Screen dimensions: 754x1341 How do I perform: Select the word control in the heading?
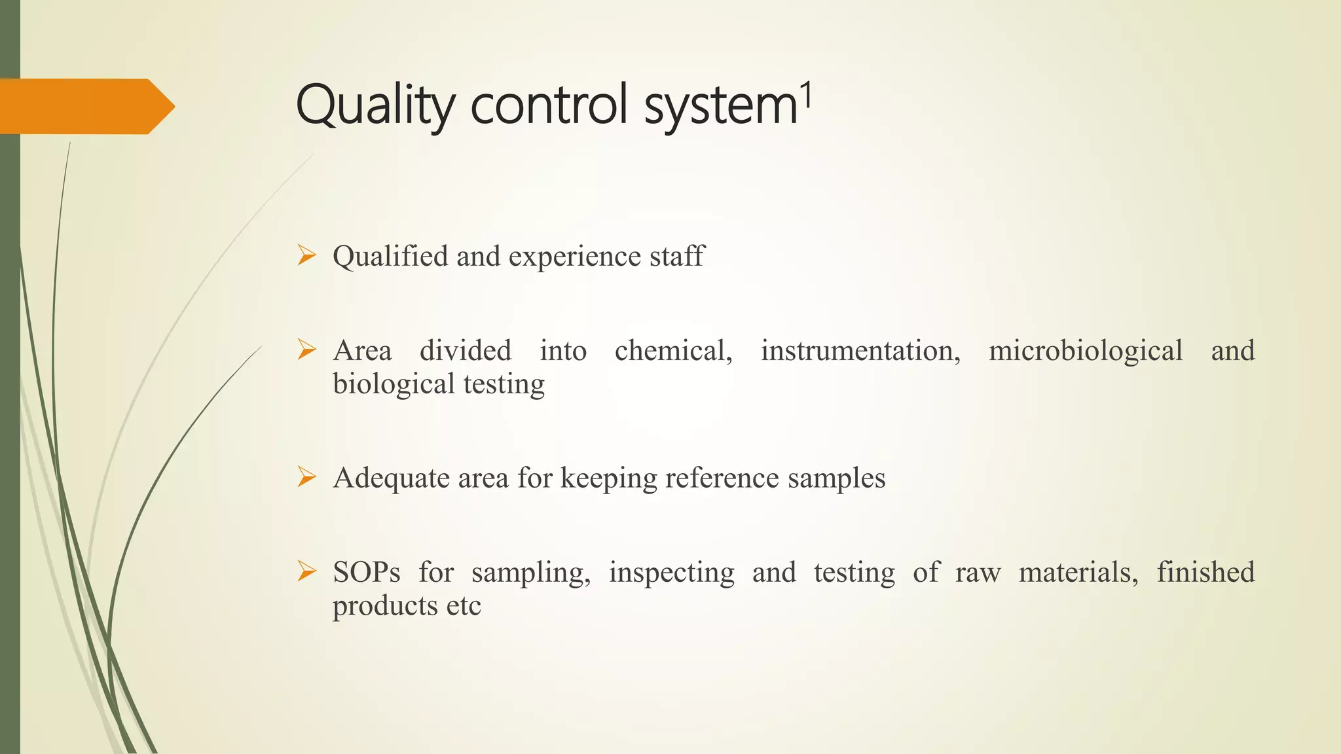point(553,105)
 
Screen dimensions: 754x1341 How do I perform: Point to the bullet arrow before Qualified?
point(306,255)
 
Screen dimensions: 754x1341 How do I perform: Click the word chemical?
point(672,351)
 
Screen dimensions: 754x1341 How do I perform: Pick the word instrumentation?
point(860,351)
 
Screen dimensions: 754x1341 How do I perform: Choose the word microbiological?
point(1085,351)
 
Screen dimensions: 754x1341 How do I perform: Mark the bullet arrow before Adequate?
point(306,476)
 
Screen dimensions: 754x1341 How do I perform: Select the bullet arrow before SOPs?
point(306,571)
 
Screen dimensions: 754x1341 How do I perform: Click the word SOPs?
point(366,573)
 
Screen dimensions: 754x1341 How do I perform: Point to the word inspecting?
point(671,573)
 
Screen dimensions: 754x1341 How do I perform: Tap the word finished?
point(1205,573)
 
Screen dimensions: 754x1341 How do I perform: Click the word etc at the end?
point(464,606)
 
